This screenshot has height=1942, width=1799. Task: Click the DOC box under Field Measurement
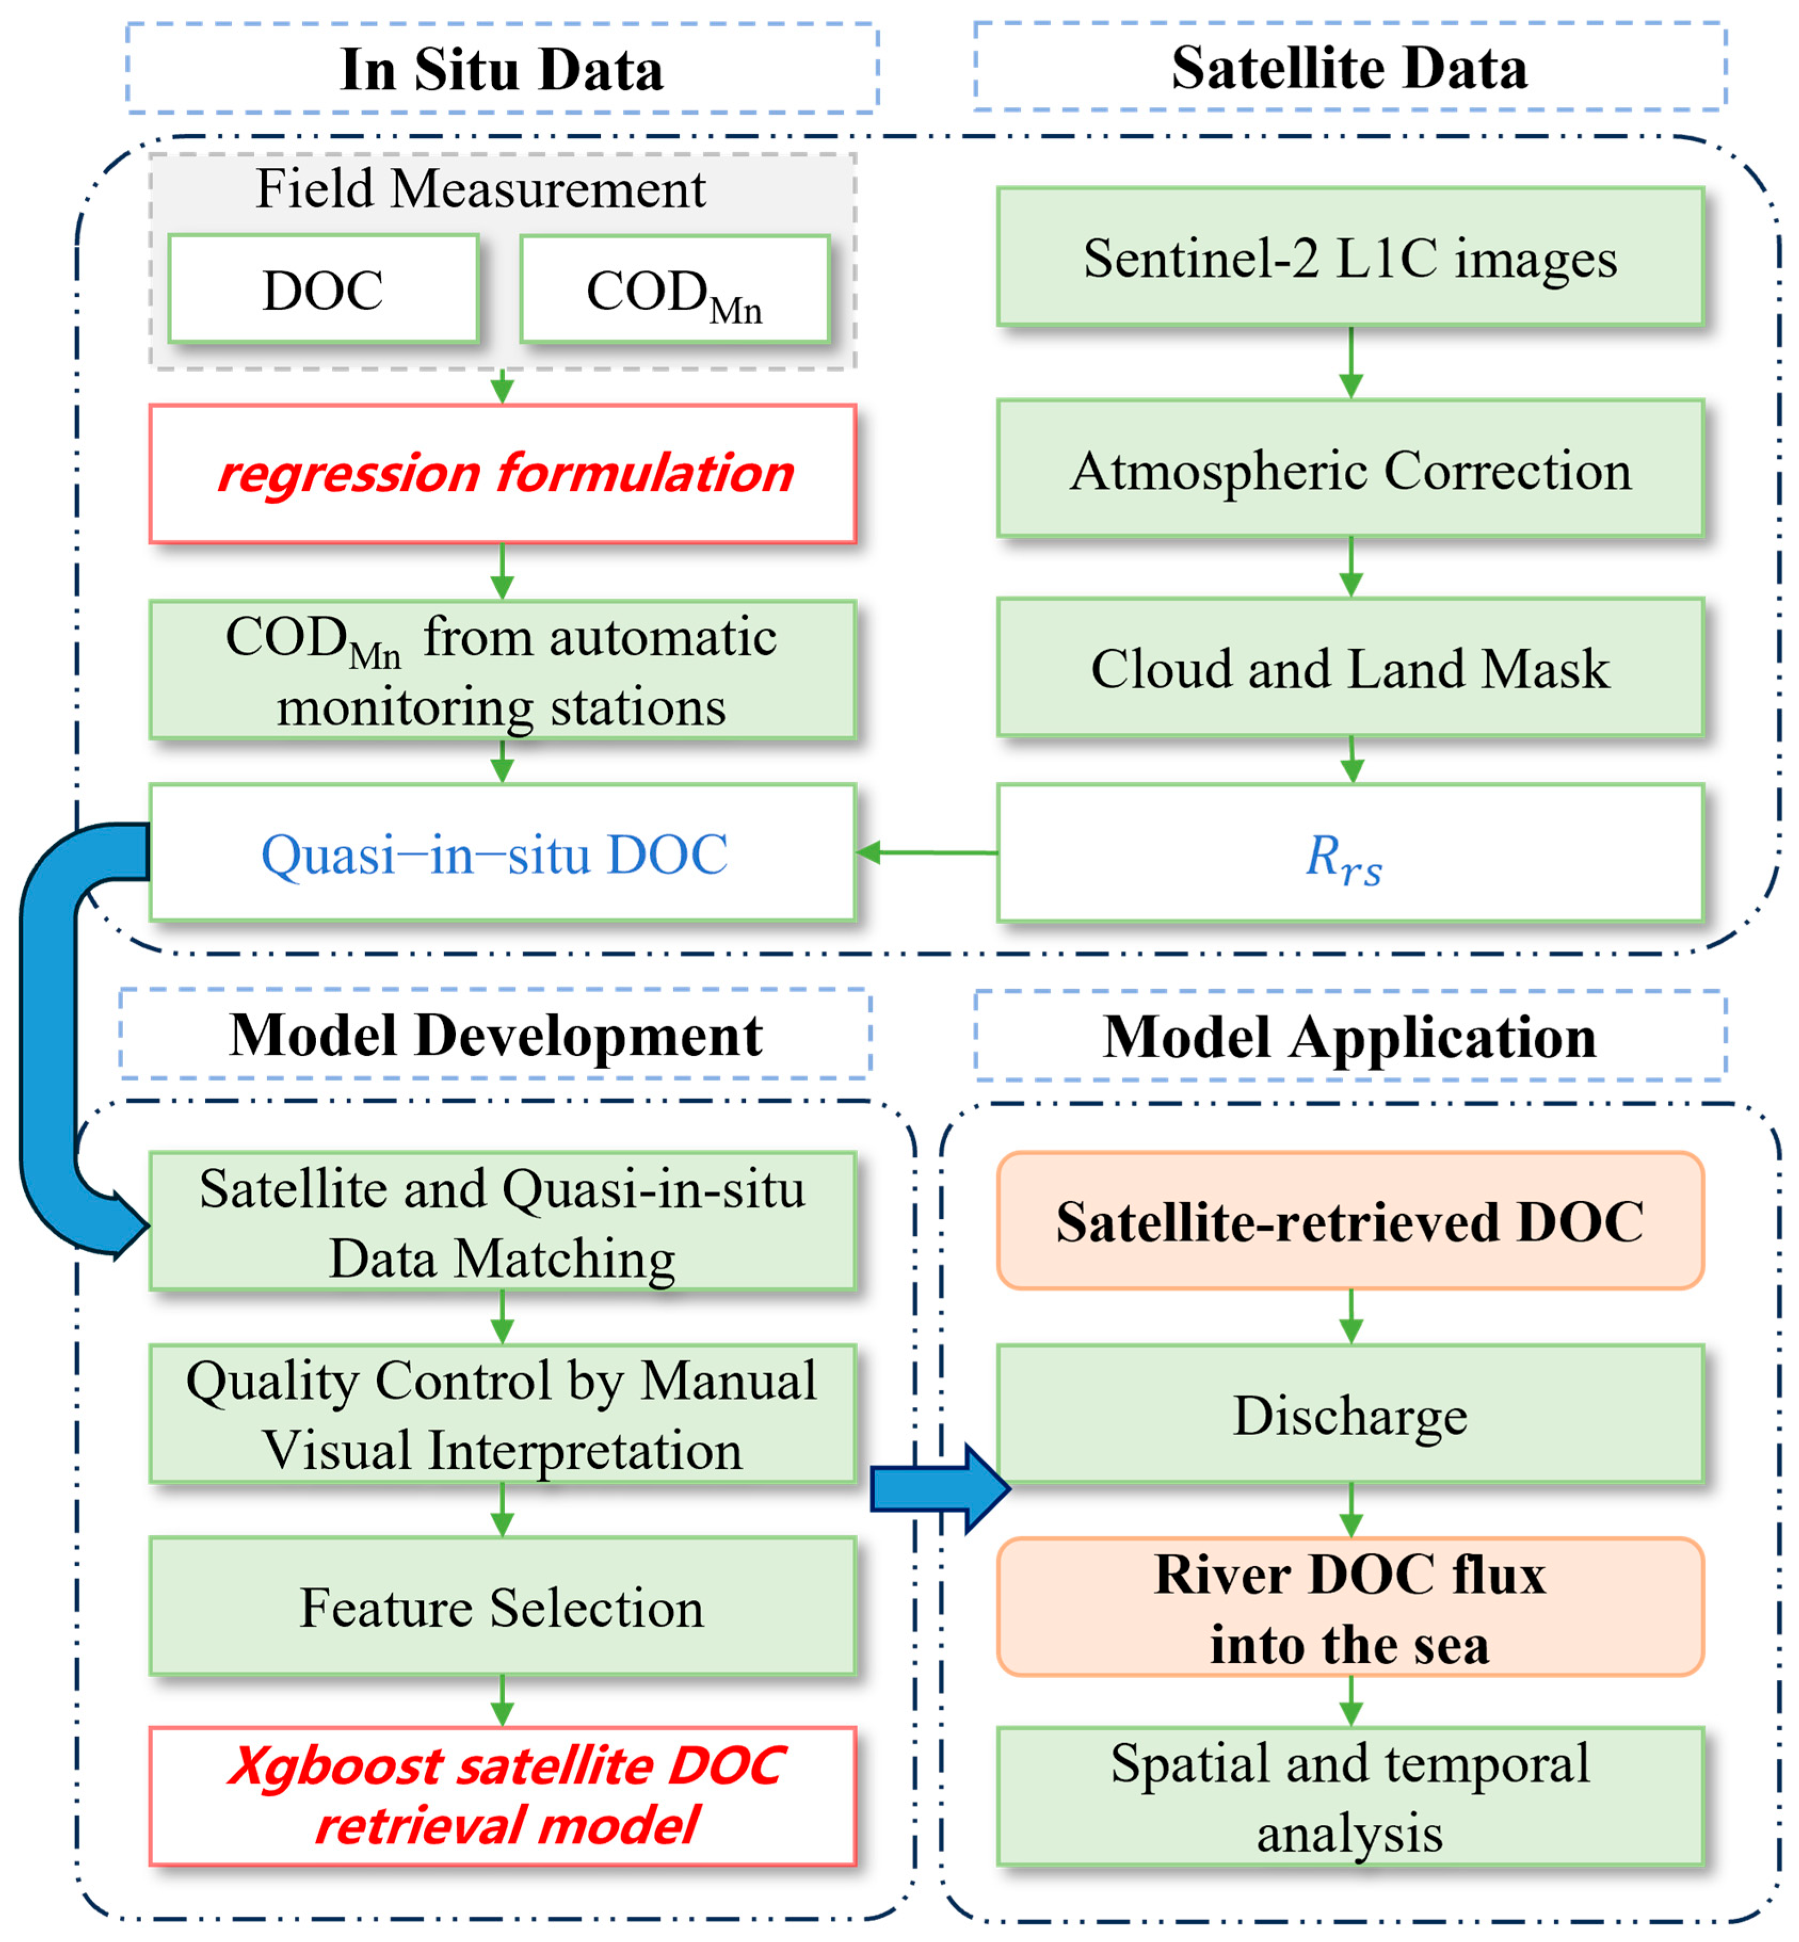tap(323, 289)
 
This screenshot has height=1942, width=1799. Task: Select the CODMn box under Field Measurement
tap(675, 289)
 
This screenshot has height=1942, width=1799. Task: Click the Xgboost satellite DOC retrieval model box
tap(502, 1796)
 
